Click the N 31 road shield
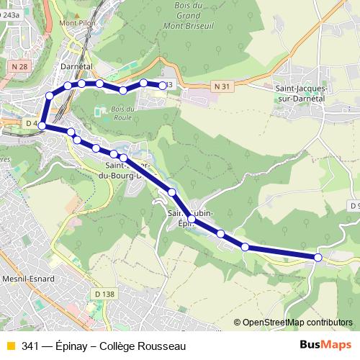click(x=224, y=86)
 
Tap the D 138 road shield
click(x=104, y=293)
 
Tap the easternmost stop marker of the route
click(x=318, y=257)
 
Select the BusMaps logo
click(x=326, y=345)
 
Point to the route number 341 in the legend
click(x=30, y=346)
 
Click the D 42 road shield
click(x=32, y=124)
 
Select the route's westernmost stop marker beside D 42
click(x=42, y=126)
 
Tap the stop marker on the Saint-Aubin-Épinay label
click(x=191, y=217)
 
